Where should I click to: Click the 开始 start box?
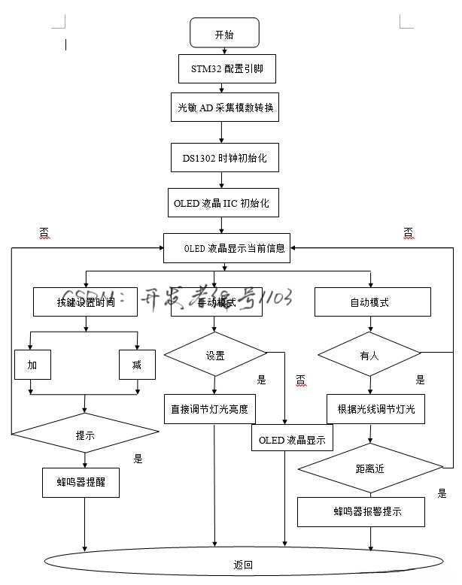click(x=224, y=34)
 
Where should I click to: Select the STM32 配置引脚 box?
click(x=222, y=69)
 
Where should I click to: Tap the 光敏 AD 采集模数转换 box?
click(x=224, y=108)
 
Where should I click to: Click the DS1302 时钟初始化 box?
click(x=224, y=158)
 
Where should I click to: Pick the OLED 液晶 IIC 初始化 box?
click(x=222, y=202)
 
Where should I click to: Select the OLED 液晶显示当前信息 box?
click(x=226, y=247)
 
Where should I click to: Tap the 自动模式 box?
click(x=369, y=302)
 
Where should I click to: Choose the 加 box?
click(x=32, y=365)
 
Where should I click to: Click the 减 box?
click(x=137, y=365)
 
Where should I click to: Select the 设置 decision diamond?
click(x=215, y=355)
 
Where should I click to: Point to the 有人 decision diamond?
click(x=369, y=355)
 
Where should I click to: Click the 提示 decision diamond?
click(x=85, y=434)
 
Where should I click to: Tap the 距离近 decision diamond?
click(x=369, y=468)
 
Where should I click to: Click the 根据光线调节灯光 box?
click(x=375, y=409)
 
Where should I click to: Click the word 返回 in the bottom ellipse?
click(x=243, y=564)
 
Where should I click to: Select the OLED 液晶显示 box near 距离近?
click(x=291, y=440)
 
